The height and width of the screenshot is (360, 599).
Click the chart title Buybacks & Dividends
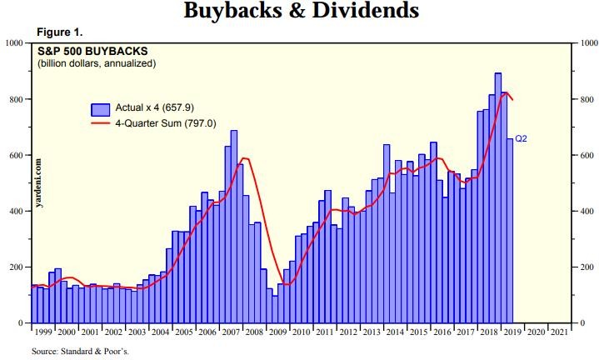(x=299, y=12)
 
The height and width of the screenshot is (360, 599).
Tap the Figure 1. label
(x=61, y=32)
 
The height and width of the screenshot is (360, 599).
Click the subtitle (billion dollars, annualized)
(x=96, y=63)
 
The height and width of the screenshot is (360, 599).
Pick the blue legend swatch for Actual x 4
(x=101, y=109)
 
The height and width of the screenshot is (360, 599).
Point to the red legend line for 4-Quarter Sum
(x=101, y=123)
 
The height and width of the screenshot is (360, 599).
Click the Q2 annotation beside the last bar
(x=522, y=139)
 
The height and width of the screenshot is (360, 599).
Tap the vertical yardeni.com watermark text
(x=39, y=181)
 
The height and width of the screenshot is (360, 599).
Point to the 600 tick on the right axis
(x=582, y=156)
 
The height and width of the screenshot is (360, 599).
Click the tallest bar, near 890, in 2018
(x=497, y=200)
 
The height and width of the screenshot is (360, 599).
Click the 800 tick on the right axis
(x=582, y=100)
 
